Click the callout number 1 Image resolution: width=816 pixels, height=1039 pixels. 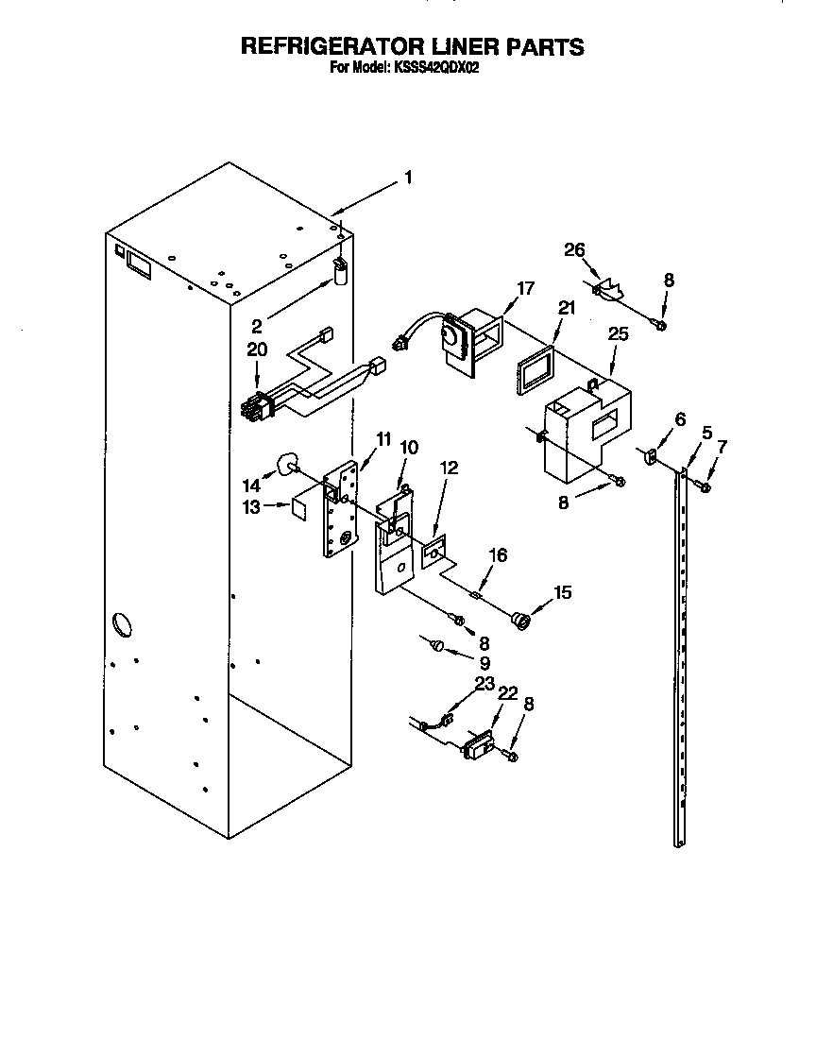tap(408, 177)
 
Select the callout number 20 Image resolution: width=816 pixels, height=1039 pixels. tap(257, 349)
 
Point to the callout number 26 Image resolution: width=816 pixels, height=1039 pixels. tap(575, 250)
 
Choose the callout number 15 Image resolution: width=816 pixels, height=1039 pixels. tap(563, 593)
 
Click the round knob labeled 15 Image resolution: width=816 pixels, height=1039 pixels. tap(519, 621)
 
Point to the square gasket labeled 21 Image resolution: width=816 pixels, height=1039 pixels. tap(533, 372)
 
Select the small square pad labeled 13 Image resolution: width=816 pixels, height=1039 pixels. tap(300, 506)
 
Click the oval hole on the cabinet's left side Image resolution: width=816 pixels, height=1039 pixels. tap(122, 624)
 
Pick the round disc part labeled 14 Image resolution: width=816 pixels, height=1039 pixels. tap(286, 463)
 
